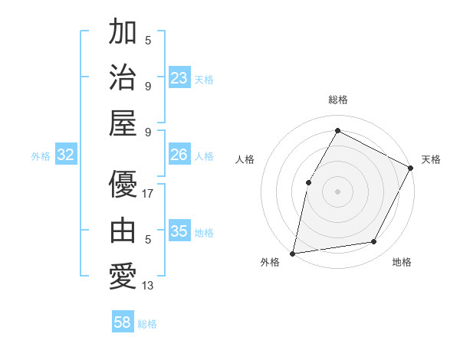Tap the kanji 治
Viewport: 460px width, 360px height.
click(x=123, y=77)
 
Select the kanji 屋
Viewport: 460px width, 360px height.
click(x=123, y=123)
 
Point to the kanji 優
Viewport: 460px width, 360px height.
click(x=123, y=185)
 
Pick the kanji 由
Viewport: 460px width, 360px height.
click(x=123, y=231)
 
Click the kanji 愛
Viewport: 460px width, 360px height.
click(x=123, y=277)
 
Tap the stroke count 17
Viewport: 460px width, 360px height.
click(x=148, y=194)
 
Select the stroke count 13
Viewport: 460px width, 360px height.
click(x=148, y=286)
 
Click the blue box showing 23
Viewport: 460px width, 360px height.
click(x=179, y=78)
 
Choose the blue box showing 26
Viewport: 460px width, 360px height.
click(x=179, y=155)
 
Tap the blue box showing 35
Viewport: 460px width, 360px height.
click(x=179, y=231)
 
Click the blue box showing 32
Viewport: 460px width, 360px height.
click(x=66, y=155)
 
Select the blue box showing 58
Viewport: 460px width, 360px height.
click(x=123, y=322)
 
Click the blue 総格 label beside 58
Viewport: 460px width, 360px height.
click(x=147, y=324)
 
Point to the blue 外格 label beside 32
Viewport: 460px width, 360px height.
click(x=41, y=156)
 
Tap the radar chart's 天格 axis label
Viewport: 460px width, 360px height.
click(x=431, y=159)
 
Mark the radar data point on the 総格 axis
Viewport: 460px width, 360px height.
click(x=337, y=130)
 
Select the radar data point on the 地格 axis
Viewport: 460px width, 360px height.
click(x=374, y=241)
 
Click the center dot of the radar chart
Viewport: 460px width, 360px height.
click(x=337, y=191)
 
